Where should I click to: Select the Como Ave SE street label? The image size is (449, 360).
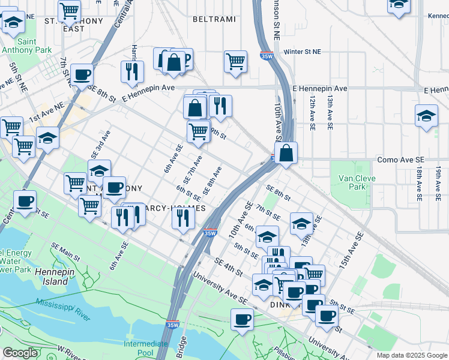pos(400,160)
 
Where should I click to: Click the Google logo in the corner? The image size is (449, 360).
pos(20,353)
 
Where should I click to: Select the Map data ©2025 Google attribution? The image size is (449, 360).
pos(412,355)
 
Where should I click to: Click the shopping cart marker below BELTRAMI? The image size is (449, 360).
pos(236,60)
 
